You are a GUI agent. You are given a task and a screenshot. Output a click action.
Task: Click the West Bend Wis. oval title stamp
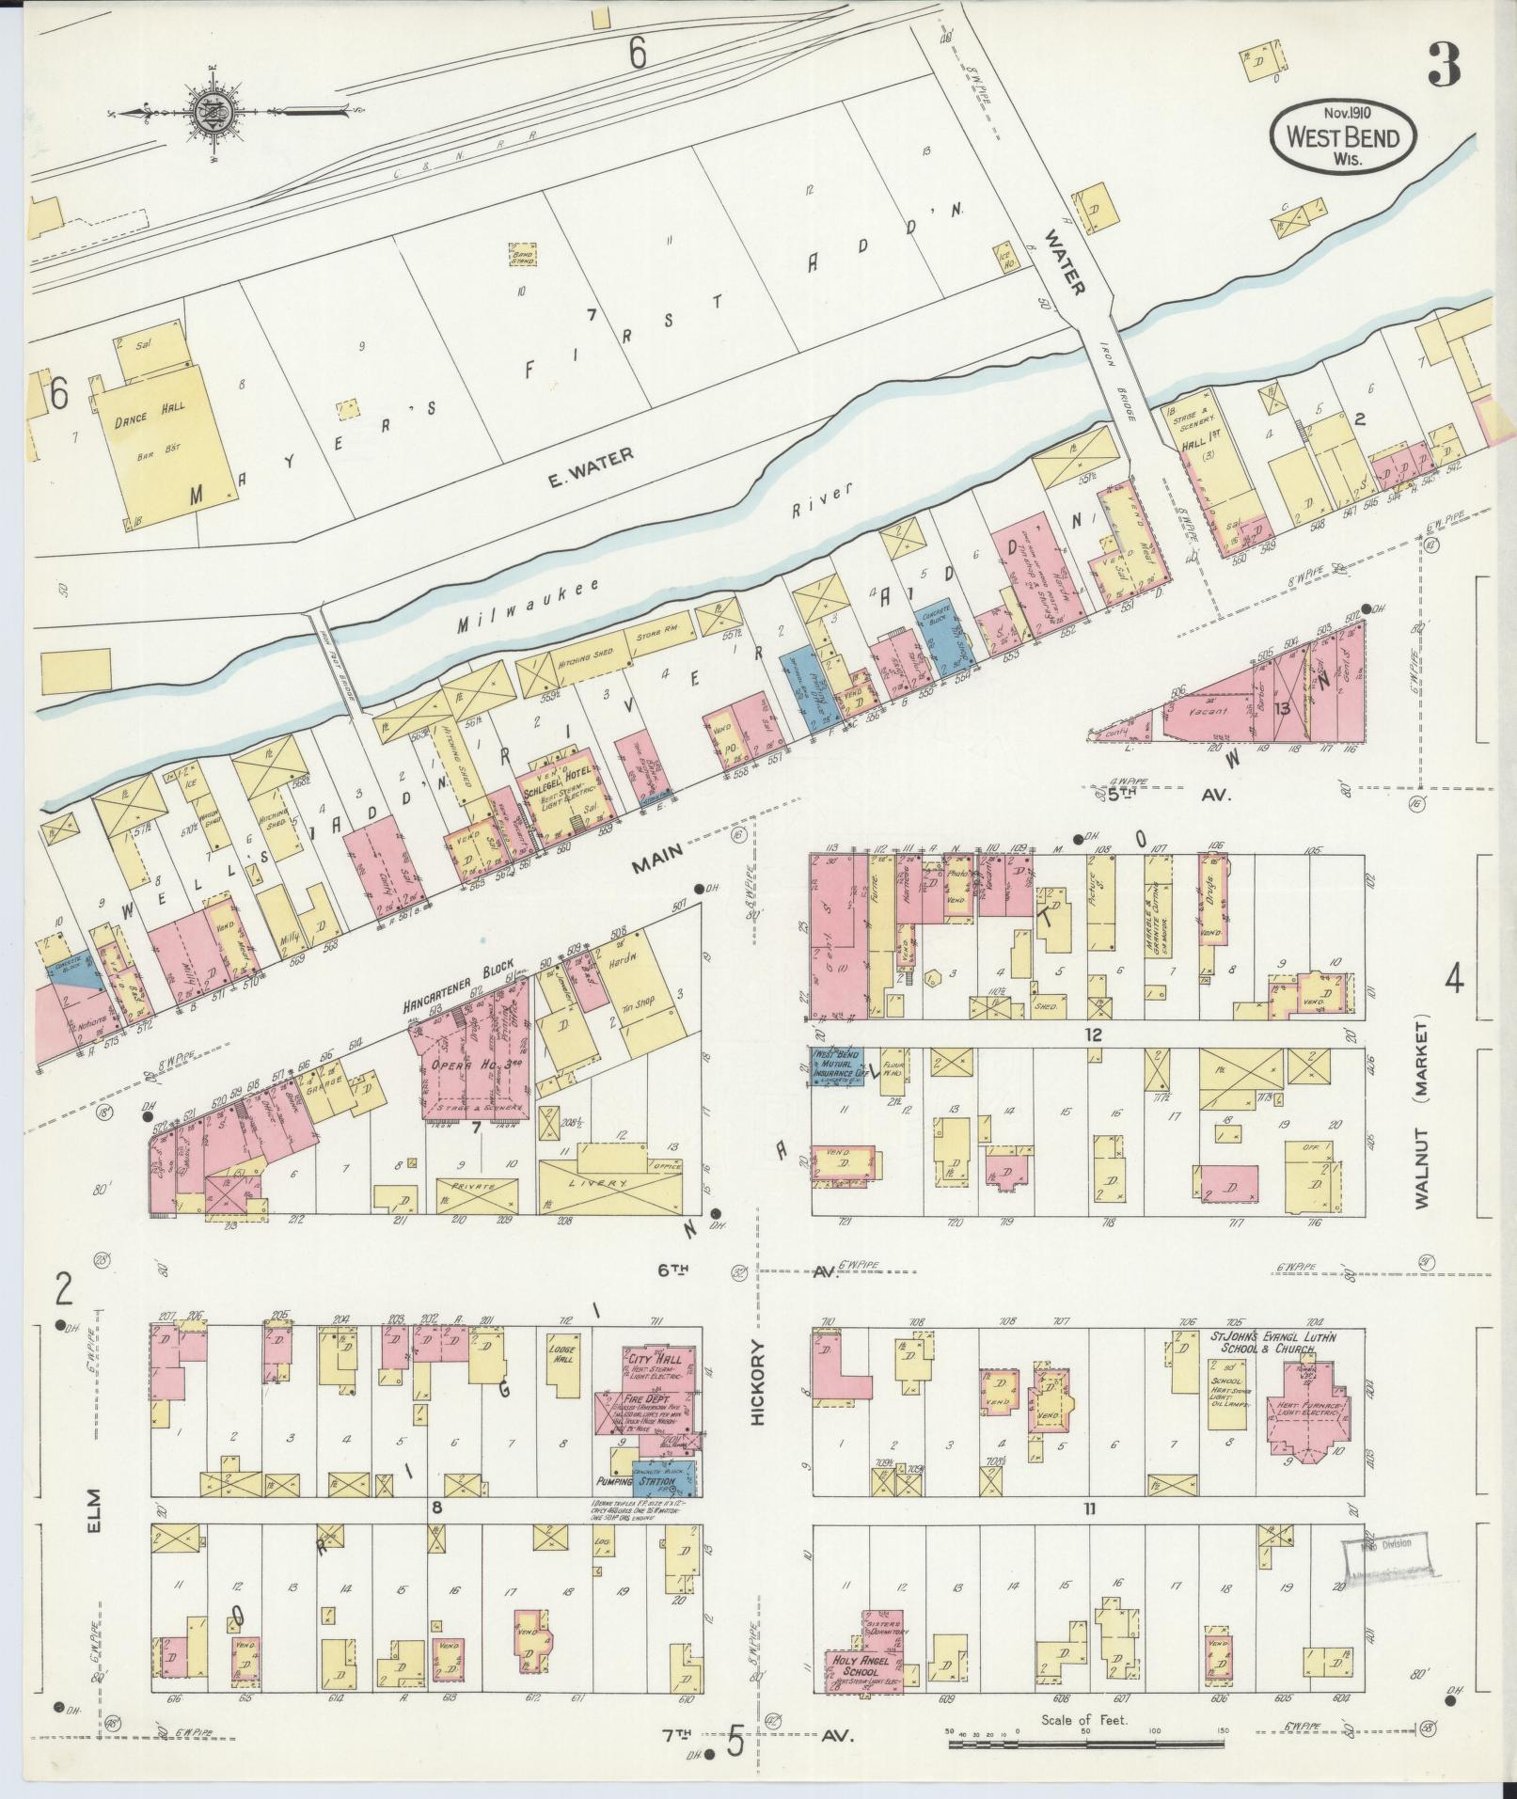[1342, 136]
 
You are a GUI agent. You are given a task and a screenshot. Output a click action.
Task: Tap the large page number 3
[1444, 66]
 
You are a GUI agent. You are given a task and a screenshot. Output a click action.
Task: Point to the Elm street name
[95, 1522]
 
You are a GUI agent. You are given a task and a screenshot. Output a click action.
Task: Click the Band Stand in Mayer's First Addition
[522, 255]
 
